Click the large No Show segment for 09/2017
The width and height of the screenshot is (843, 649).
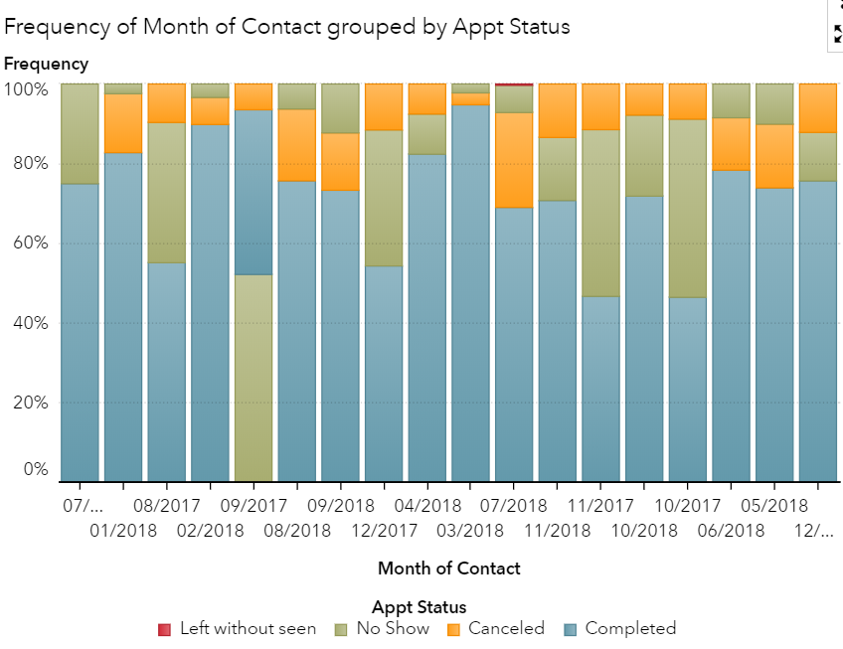click(253, 378)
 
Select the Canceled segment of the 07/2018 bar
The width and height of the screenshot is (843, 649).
click(513, 160)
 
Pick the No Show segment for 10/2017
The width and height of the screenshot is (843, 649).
click(687, 209)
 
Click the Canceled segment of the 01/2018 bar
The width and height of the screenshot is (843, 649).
click(122, 123)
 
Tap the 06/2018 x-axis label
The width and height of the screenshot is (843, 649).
click(731, 530)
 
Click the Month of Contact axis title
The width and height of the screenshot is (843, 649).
click(448, 568)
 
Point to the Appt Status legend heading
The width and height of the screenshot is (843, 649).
click(419, 607)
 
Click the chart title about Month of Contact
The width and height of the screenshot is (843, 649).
click(287, 27)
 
